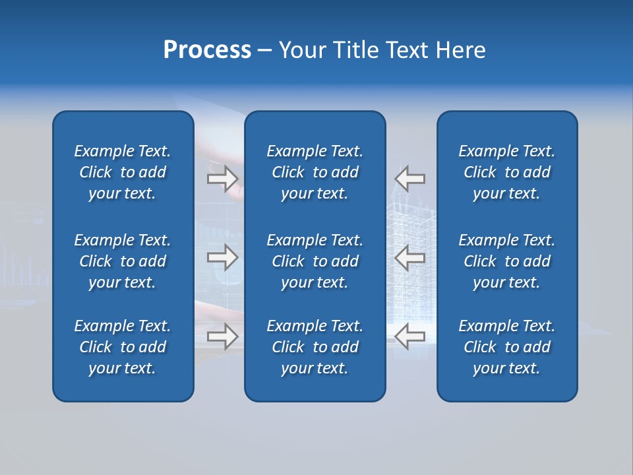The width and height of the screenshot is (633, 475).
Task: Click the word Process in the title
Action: click(207, 50)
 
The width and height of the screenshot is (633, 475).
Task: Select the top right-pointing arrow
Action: click(222, 178)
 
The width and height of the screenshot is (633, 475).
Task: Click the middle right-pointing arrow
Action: click(222, 257)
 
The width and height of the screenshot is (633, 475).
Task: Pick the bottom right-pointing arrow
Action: click(222, 336)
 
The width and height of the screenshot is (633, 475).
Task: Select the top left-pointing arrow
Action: click(410, 178)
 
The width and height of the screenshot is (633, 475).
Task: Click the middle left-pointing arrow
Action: click(410, 257)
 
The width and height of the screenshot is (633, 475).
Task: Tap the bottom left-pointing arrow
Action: click(410, 336)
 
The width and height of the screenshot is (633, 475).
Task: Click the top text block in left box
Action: click(123, 172)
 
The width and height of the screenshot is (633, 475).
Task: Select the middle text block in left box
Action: click(123, 261)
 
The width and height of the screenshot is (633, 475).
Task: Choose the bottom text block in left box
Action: click(123, 347)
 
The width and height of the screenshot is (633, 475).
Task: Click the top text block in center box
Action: click(315, 172)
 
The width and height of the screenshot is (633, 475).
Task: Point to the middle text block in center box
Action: click(315, 261)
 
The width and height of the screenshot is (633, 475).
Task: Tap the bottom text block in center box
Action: click(315, 347)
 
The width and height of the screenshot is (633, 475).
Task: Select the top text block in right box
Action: click(506, 172)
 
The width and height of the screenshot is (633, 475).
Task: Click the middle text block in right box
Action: click(506, 261)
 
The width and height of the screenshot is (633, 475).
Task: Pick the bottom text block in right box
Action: click(506, 347)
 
